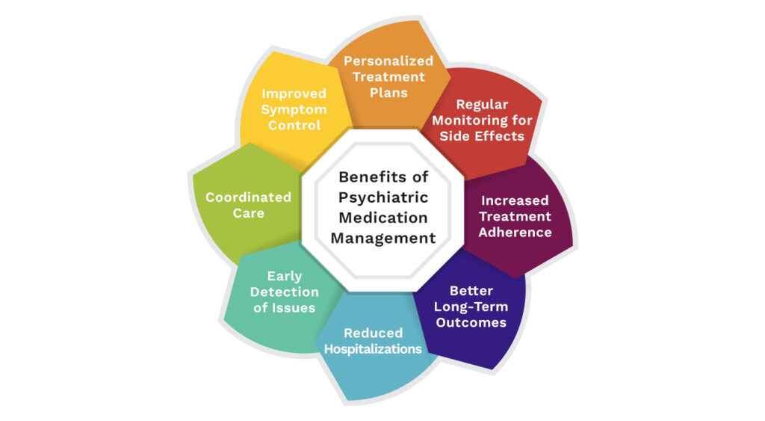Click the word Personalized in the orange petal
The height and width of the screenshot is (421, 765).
pyautogui.click(x=388, y=61)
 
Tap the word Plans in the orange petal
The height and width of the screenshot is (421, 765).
pyautogui.click(x=388, y=92)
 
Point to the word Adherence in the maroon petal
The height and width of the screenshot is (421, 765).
pyautogui.click(x=515, y=232)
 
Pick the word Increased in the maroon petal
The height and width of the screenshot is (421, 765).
pyautogui.click(x=515, y=200)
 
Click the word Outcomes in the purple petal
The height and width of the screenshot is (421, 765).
pyautogui.click(x=471, y=322)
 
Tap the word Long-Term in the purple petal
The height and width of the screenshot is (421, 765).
pyautogui.click(x=471, y=307)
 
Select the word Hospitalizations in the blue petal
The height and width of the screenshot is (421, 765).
pyautogui.click(x=373, y=348)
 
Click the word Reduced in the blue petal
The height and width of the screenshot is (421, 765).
pyautogui.click(x=374, y=333)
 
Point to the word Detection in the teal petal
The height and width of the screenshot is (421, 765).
pyautogui.click(x=285, y=292)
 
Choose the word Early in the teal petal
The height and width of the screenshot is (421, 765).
pyautogui.click(x=285, y=277)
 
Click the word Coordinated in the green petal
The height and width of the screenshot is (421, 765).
pyautogui.click(x=248, y=197)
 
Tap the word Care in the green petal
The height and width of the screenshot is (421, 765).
pyautogui.click(x=248, y=213)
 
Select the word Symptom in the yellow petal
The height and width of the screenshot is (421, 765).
pyautogui.click(x=294, y=110)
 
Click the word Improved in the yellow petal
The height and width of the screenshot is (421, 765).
pyautogui.click(x=294, y=93)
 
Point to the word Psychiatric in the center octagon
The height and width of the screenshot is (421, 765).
pyautogui.click(x=383, y=197)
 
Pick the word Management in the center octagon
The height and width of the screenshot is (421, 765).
pyautogui.click(x=383, y=238)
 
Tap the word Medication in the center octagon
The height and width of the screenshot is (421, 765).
pyautogui.click(x=383, y=218)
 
